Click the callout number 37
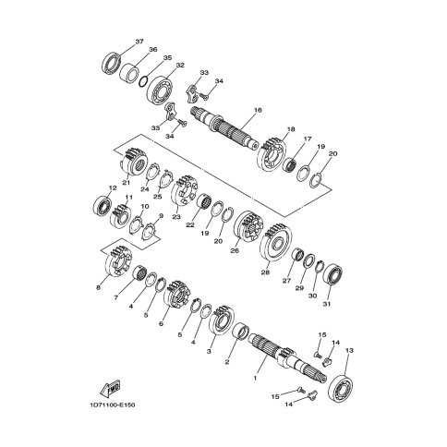pyautogui.click(x=139, y=42)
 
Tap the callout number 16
pyautogui.click(x=258, y=109)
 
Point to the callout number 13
pyautogui.click(x=349, y=350)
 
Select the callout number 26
pyautogui.click(x=235, y=250)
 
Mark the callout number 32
pyautogui.click(x=180, y=66)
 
